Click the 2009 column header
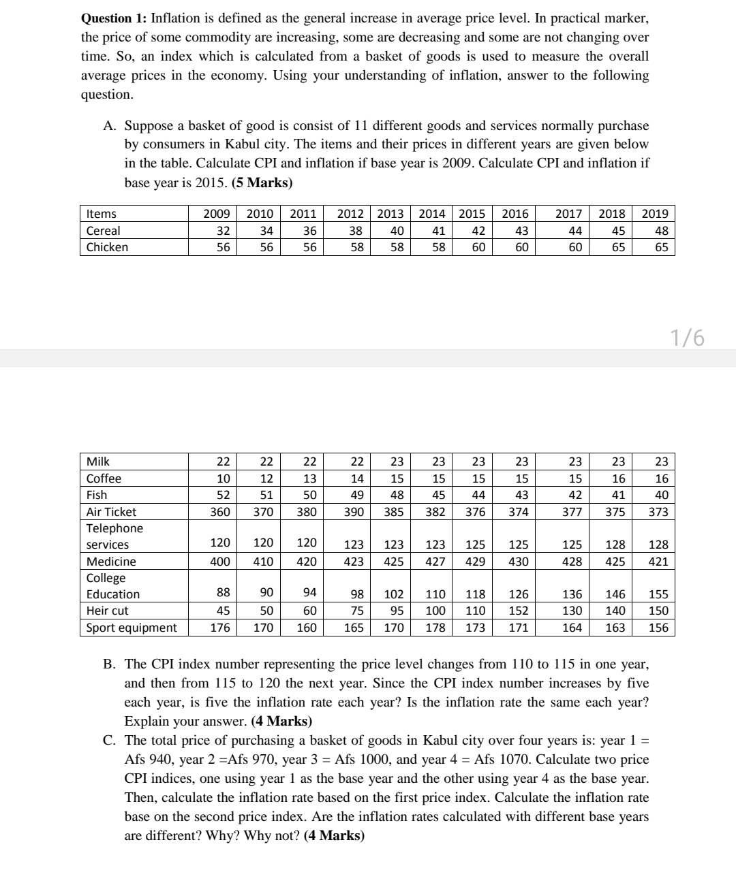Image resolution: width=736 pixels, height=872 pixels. point(217,214)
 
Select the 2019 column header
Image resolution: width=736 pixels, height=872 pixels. point(655,214)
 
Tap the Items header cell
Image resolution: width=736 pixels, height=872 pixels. point(101,214)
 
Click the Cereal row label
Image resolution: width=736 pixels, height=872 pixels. point(103,230)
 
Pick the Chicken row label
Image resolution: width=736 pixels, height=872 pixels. point(107,246)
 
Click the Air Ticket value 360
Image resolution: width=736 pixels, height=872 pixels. point(219,512)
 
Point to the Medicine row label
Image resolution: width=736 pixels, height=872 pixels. point(111,562)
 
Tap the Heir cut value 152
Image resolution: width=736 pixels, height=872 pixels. point(519,611)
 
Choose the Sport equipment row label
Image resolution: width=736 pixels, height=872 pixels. point(132,628)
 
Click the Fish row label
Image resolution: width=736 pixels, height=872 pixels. point(97,495)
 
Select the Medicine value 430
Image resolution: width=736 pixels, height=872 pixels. point(519,562)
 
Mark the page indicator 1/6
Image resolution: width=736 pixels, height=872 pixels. point(687,337)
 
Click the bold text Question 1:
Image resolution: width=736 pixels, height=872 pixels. point(113,18)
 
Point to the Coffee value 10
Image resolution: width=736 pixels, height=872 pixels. point(223,479)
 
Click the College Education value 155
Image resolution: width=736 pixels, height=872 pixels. point(658,594)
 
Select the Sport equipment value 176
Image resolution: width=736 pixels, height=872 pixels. point(219,628)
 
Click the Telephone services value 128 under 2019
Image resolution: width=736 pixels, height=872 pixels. point(658,545)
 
